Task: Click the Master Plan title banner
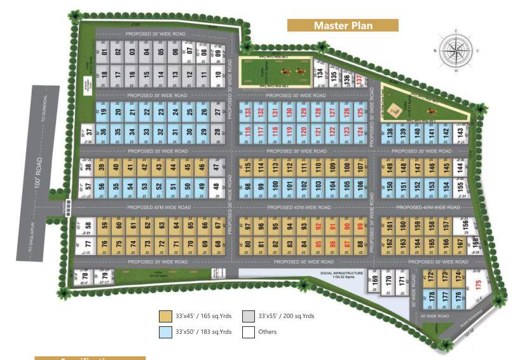pos(343,25)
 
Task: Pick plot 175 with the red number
pos(478,285)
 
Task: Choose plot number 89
pos(360,227)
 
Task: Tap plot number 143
pos(460,133)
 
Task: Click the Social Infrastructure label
pos(341,274)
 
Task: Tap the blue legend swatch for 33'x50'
pos(165,331)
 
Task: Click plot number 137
pos(360,80)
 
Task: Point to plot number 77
pos(88,244)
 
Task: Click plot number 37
pos(90,133)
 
